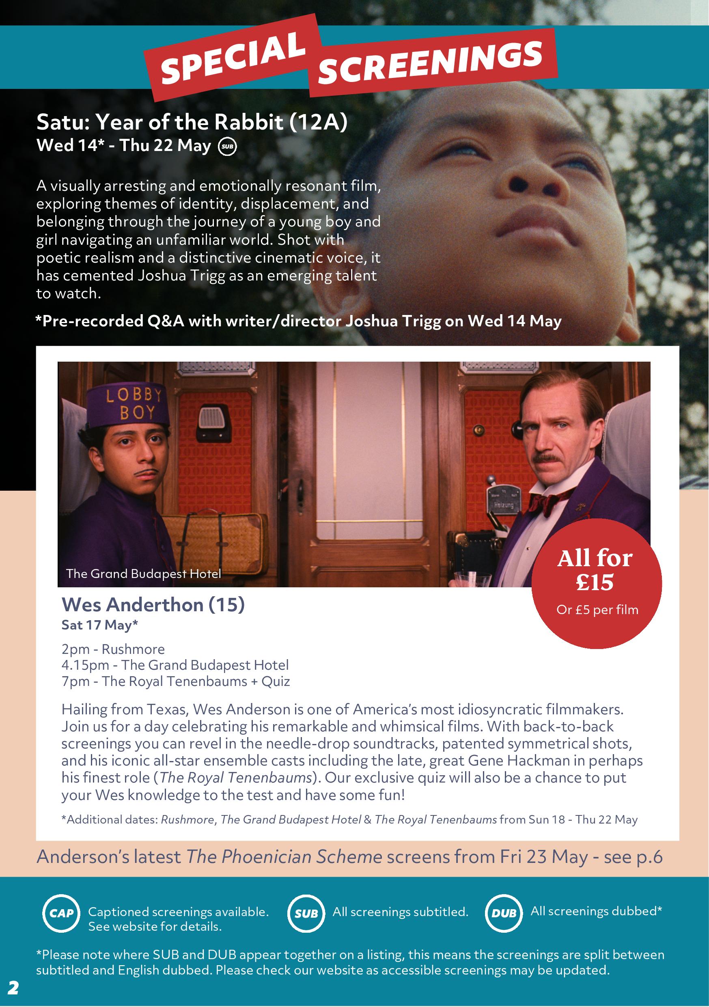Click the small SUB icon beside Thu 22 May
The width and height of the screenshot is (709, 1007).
(x=227, y=147)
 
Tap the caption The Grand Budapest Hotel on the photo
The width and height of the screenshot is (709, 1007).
(x=143, y=574)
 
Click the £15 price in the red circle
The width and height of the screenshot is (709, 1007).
(x=595, y=582)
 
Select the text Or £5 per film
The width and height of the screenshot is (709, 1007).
(x=597, y=610)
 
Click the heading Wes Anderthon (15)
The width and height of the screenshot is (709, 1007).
(x=153, y=605)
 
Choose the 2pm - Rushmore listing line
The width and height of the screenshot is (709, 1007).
(x=113, y=649)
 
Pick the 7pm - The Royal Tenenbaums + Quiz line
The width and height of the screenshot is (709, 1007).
(x=175, y=681)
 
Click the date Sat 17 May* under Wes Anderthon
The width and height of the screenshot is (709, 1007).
(x=99, y=625)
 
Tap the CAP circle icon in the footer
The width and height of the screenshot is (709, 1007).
(x=61, y=913)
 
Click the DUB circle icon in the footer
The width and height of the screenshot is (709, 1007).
(x=504, y=913)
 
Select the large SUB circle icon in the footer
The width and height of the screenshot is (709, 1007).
(x=306, y=913)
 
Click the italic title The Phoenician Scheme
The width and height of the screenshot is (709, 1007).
(x=284, y=856)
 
